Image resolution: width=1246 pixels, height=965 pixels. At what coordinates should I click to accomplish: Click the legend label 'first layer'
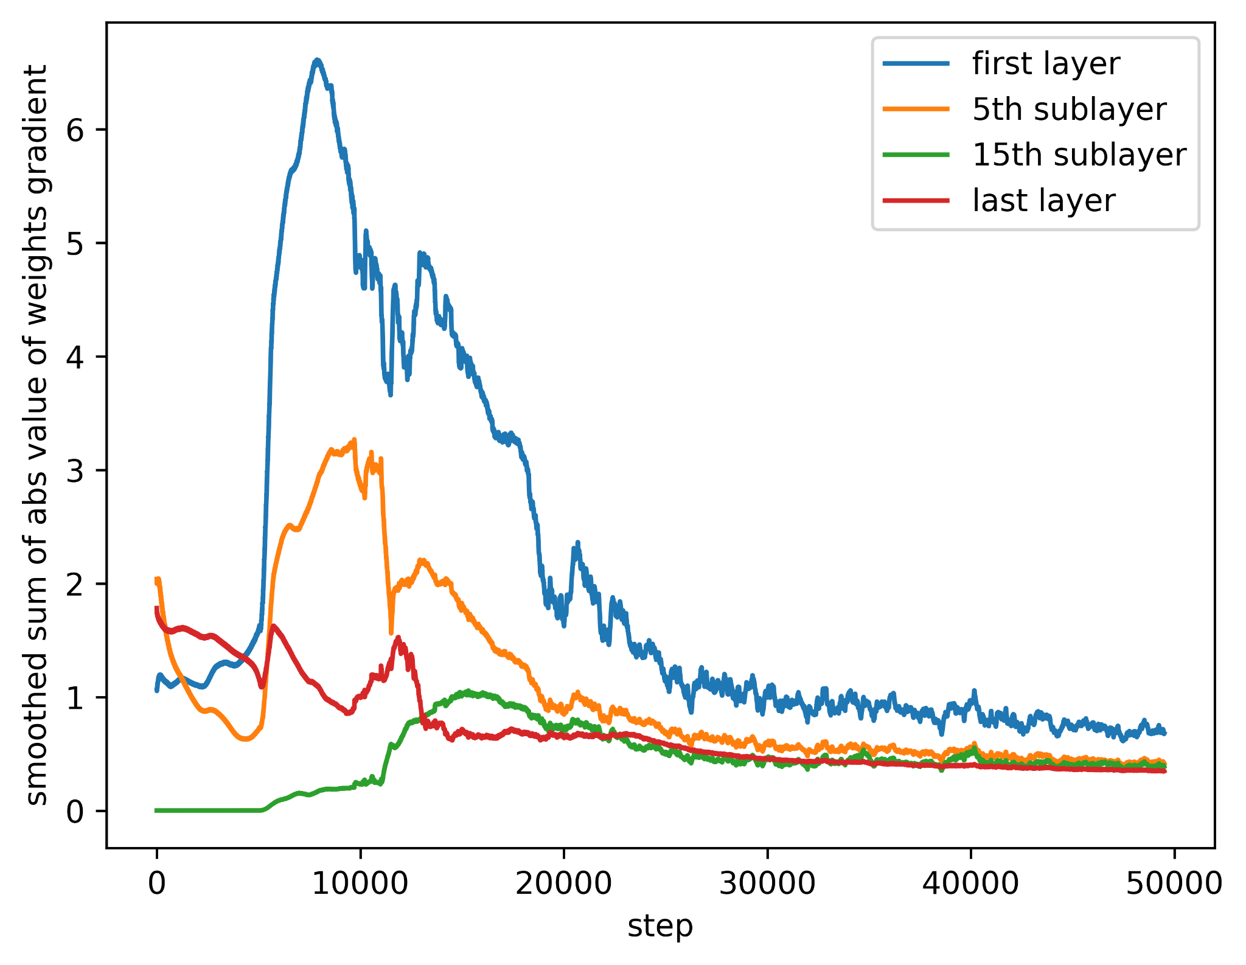click(1046, 64)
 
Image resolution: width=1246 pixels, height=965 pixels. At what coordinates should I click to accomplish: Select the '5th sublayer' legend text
click(1069, 110)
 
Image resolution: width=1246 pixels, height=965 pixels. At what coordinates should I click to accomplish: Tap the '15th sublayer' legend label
click(1079, 155)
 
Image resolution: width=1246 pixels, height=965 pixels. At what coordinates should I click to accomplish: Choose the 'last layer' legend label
click(1044, 201)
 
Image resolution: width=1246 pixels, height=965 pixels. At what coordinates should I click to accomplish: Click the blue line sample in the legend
click(916, 63)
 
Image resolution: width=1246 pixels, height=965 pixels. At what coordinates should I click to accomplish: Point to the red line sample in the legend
click(916, 200)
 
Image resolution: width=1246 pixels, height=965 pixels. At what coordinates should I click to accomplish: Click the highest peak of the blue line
click(317, 60)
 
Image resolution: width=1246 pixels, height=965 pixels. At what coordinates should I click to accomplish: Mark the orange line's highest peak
click(354, 439)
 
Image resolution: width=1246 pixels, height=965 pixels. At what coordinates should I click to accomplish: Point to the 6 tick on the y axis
click(74, 130)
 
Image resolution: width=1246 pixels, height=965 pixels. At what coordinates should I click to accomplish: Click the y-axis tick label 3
click(74, 470)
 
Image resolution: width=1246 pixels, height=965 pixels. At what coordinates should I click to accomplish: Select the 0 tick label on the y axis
click(74, 812)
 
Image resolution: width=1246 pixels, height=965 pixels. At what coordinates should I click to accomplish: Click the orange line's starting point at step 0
click(157, 580)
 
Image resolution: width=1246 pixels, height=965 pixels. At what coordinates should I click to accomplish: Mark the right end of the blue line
click(1164, 733)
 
